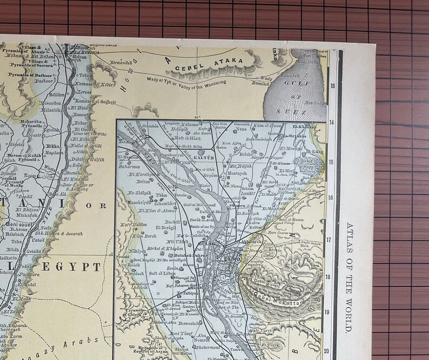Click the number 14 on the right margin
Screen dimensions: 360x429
coord(333,123)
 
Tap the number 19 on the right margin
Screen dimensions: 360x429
coord(333,312)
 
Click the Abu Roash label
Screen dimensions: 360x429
coord(128,266)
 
